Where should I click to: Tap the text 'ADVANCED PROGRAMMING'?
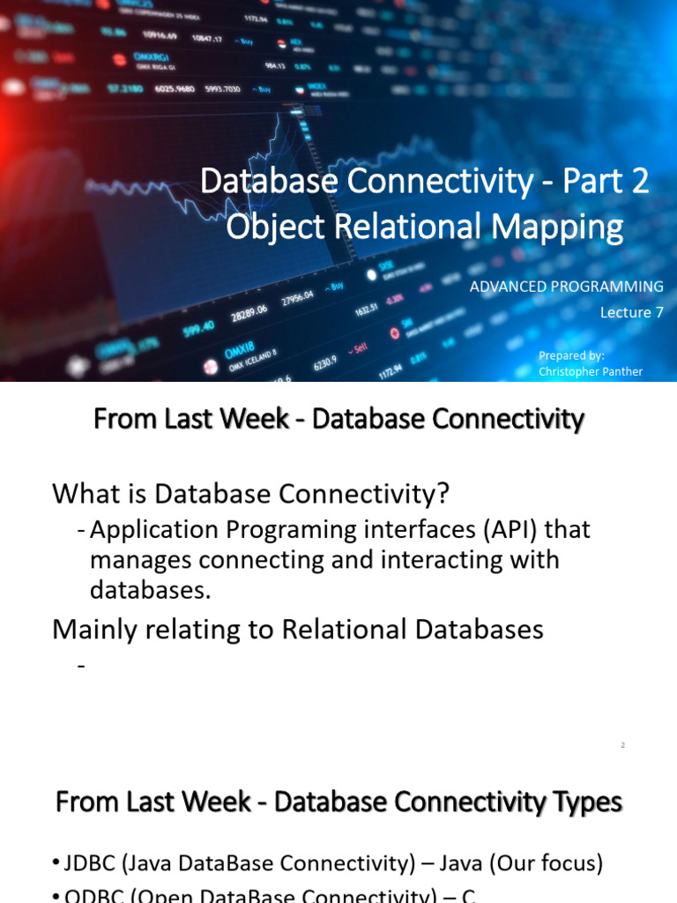(566, 287)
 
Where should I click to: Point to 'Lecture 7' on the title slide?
(631, 312)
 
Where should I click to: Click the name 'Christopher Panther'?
(591, 372)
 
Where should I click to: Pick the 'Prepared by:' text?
(571, 355)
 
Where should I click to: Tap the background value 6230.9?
(324, 360)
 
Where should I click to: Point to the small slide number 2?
(622, 745)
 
